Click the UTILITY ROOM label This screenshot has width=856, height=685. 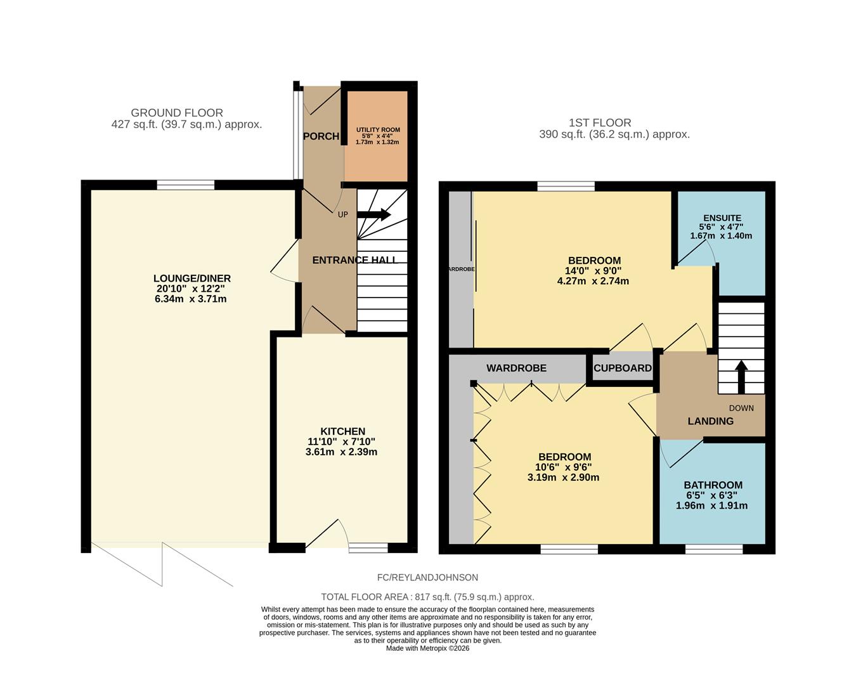(378, 129)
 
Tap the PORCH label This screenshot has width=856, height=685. (321, 136)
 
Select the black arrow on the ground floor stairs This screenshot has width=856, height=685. (374, 214)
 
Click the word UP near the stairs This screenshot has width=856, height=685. (343, 214)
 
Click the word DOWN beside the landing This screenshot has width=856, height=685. (741, 408)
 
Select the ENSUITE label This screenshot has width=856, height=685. (721, 218)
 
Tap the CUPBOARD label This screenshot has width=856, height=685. (622, 368)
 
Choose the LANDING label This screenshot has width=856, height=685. (711, 421)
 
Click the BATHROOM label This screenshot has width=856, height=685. (713, 485)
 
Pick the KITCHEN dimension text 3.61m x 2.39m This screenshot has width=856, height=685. (341, 452)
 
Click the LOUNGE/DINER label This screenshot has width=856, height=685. (192, 278)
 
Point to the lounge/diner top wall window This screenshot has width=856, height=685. (186, 185)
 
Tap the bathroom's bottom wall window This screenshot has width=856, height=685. (714, 549)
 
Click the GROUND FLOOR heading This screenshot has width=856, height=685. (177, 113)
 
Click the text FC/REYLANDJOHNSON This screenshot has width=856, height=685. (427, 577)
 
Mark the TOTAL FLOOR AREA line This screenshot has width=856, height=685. (427, 597)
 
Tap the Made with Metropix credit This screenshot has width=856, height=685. (427, 648)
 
